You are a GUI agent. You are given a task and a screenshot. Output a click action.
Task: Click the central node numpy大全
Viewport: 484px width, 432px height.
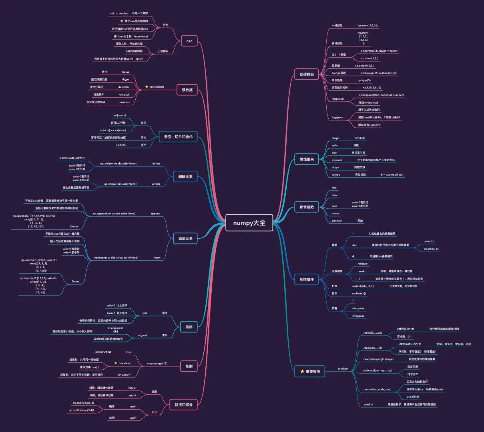[x=249, y=223]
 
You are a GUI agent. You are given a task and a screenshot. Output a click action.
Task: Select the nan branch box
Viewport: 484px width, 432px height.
[x=189, y=41]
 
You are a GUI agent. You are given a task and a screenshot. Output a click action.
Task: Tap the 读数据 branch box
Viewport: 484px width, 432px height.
[x=187, y=90]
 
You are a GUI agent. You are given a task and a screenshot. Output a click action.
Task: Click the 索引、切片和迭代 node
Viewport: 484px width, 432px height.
[x=178, y=137]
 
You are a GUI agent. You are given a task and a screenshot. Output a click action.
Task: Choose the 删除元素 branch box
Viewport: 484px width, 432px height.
[x=185, y=176]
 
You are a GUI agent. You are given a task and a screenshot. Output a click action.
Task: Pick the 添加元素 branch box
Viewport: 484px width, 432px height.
[x=185, y=238]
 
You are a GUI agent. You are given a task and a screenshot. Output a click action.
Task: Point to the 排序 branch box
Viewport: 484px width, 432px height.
[x=189, y=327]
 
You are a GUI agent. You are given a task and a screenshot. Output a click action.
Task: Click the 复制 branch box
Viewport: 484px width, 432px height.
[x=189, y=366]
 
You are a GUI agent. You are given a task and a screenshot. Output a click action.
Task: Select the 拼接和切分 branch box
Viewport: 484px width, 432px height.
[x=183, y=405]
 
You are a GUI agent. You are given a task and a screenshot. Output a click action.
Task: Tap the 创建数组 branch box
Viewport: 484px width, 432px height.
[x=307, y=74]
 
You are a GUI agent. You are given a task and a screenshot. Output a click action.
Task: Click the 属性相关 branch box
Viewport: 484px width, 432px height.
[x=307, y=159]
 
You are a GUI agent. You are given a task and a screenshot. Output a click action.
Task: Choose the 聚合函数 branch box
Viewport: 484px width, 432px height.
[x=307, y=207]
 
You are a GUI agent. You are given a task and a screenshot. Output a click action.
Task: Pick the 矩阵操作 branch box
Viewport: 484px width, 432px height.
[x=307, y=279]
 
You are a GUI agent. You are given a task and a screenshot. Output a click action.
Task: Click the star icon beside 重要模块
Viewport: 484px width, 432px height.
[x=302, y=372]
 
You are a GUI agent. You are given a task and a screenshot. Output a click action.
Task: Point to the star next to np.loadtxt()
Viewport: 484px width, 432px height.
[x=147, y=87]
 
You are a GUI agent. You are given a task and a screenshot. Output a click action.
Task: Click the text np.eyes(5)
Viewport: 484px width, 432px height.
[x=364, y=80]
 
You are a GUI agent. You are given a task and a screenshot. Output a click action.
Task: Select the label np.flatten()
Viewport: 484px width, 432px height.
[x=359, y=294]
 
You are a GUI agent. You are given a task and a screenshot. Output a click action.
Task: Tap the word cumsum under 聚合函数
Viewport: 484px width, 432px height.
[x=337, y=220]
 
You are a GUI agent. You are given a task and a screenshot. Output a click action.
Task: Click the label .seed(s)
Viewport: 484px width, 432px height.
[x=368, y=404]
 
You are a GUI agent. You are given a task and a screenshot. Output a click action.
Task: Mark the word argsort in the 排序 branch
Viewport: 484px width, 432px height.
[x=142, y=335]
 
